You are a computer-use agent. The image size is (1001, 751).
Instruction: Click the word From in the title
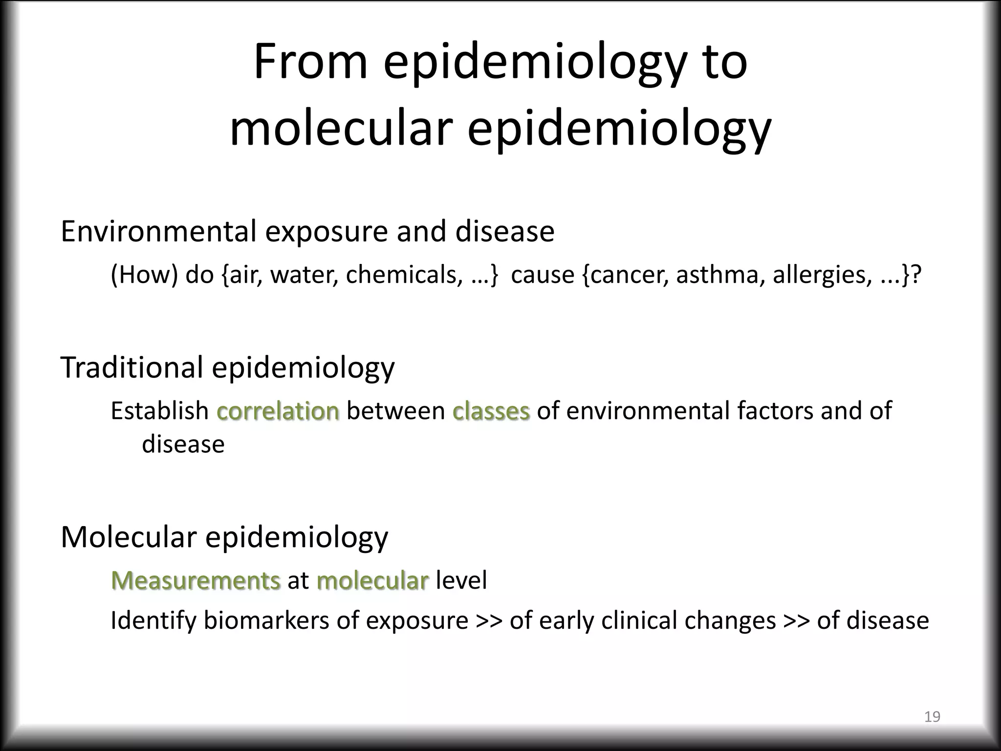click(x=310, y=62)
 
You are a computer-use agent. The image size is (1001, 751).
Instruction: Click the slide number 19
click(x=932, y=717)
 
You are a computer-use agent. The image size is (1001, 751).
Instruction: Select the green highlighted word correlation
click(x=278, y=411)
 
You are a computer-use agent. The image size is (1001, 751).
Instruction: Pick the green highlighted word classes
click(x=491, y=411)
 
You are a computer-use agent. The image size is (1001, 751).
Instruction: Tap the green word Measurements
click(x=196, y=580)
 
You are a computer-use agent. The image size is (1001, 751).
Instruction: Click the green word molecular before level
click(x=372, y=580)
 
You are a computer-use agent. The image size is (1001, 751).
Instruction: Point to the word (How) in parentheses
click(x=144, y=275)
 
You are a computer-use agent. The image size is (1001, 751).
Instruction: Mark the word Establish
click(x=160, y=411)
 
